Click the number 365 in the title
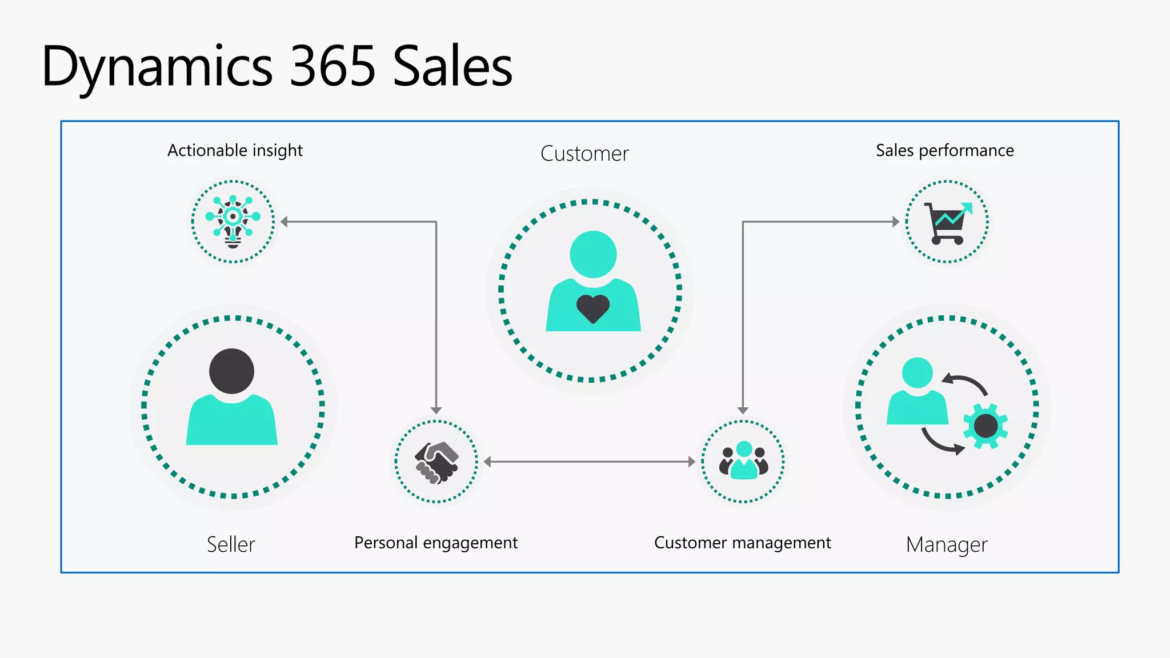pyautogui.click(x=332, y=67)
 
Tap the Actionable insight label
pyautogui.click(x=235, y=150)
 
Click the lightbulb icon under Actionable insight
pyautogui.click(x=233, y=222)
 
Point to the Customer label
pyautogui.click(x=584, y=154)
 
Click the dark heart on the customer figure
pyautogui.click(x=593, y=309)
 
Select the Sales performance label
pyautogui.click(x=945, y=150)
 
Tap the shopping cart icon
pyautogui.click(x=947, y=223)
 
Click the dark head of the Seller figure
pyautogui.click(x=231, y=371)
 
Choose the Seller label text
pyautogui.click(x=231, y=544)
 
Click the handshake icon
pyautogui.click(x=436, y=462)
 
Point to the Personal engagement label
pyautogui.click(x=436, y=543)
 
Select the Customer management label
pyautogui.click(x=742, y=543)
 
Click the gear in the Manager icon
pyautogui.click(x=985, y=426)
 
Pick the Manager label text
pyautogui.click(x=947, y=545)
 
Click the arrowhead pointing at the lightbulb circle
pyautogui.click(x=284, y=222)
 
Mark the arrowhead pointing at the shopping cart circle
pyautogui.click(x=896, y=222)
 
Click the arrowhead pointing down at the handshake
pyautogui.click(x=436, y=410)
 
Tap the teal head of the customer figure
pyautogui.click(x=593, y=254)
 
